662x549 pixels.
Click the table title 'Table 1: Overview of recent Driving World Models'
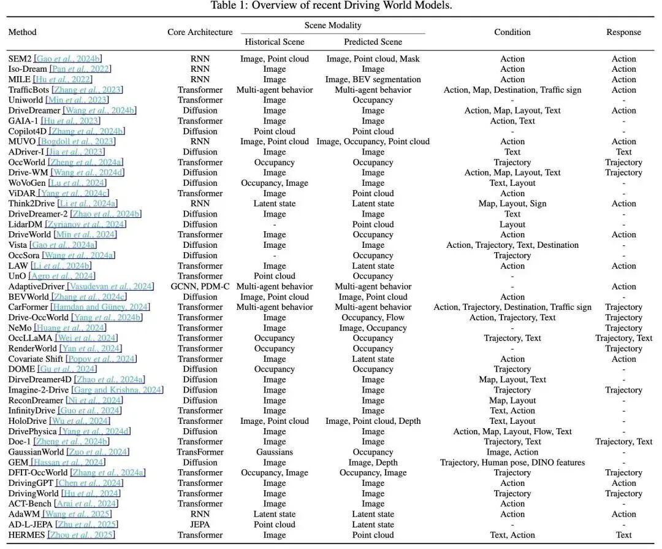click(331, 6)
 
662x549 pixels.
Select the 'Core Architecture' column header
click(200, 32)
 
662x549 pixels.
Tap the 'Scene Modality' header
click(333, 25)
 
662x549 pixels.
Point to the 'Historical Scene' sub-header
click(274, 42)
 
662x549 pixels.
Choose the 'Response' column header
click(623, 32)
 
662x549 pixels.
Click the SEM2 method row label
click(20, 59)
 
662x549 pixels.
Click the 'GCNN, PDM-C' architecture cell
click(200, 286)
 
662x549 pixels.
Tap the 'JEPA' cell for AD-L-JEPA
click(200, 524)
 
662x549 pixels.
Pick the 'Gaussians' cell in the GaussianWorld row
click(274, 452)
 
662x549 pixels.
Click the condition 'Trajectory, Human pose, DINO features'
click(512, 463)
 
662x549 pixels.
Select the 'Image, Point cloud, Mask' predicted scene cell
click(373, 59)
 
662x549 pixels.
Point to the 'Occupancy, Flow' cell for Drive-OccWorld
click(373, 318)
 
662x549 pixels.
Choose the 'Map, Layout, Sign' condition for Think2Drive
click(512, 204)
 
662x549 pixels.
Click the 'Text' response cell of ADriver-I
click(623, 152)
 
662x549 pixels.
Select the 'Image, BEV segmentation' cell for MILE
click(373, 80)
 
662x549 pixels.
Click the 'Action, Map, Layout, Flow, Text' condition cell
click(512, 431)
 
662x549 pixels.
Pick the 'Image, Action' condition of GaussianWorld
click(512, 452)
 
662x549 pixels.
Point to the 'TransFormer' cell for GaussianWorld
click(200, 452)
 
